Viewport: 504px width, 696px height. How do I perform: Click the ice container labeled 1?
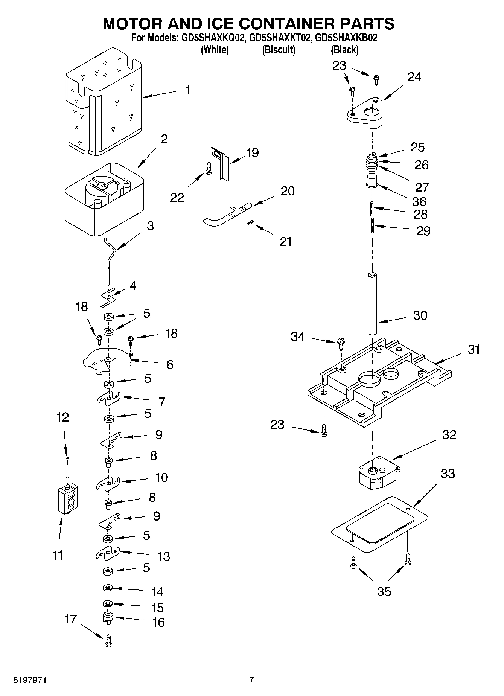tap(104, 104)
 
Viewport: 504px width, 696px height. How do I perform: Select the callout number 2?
tap(164, 139)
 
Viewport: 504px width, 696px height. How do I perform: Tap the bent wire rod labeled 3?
tap(109, 260)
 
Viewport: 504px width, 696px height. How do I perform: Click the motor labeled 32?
tap(378, 472)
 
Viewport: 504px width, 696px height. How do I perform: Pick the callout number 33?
tap(448, 473)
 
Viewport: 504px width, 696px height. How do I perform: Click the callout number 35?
tap(384, 591)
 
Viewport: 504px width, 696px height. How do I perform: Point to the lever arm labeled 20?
tap(226, 215)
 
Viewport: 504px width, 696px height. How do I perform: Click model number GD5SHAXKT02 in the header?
tap(278, 38)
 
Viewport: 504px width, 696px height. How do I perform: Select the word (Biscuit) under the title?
tap(279, 49)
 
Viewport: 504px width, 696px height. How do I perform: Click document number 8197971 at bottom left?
tap(30, 680)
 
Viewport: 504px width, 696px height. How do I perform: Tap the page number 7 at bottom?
tap(251, 680)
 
